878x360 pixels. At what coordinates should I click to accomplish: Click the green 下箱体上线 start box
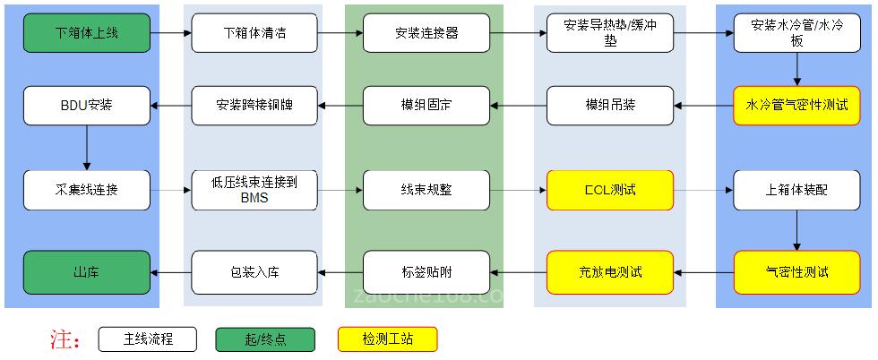(x=87, y=33)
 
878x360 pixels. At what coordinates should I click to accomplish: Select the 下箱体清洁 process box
(x=255, y=33)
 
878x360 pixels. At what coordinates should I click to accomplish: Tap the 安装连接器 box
(x=426, y=33)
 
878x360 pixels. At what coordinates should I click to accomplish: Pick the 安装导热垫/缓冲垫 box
(x=610, y=33)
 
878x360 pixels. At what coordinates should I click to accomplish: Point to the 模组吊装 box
(x=610, y=105)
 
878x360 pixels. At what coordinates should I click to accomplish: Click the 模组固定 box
(x=426, y=105)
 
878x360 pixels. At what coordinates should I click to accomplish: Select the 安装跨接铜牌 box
(x=255, y=105)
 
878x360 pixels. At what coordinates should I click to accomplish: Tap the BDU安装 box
(x=87, y=105)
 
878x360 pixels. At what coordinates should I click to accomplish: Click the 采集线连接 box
(x=87, y=190)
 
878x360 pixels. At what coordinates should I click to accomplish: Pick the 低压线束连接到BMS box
(x=255, y=190)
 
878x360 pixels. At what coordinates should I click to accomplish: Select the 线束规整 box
(x=426, y=190)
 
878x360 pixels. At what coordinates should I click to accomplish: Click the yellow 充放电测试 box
(x=610, y=271)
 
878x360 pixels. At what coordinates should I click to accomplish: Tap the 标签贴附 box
(x=426, y=271)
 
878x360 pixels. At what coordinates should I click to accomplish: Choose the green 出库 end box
(x=87, y=271)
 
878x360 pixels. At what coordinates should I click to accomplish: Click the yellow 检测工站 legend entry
(x=387, y=339)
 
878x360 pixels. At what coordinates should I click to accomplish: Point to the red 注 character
(x=61, y=340)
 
